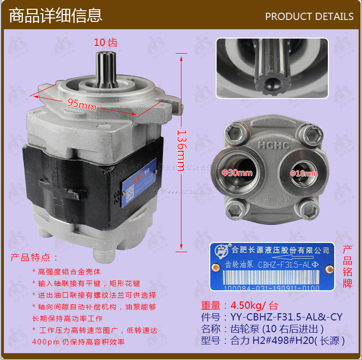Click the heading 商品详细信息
[56, 15]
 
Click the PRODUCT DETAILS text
[309, 17]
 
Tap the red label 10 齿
[105, 42]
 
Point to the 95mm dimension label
[81, 104]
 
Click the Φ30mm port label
[237, 172]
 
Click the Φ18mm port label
[303, 173]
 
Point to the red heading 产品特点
[34, 257]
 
